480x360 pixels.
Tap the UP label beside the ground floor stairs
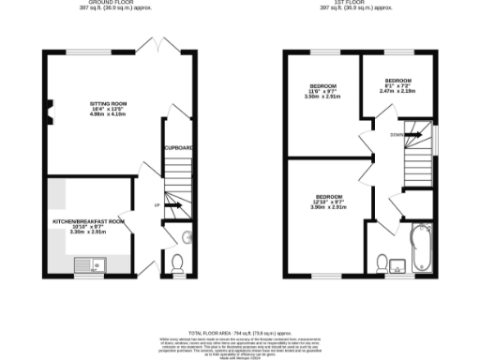[157, 204]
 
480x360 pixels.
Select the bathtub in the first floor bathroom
[417, 247]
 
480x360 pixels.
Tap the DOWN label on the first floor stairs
[397, 133]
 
